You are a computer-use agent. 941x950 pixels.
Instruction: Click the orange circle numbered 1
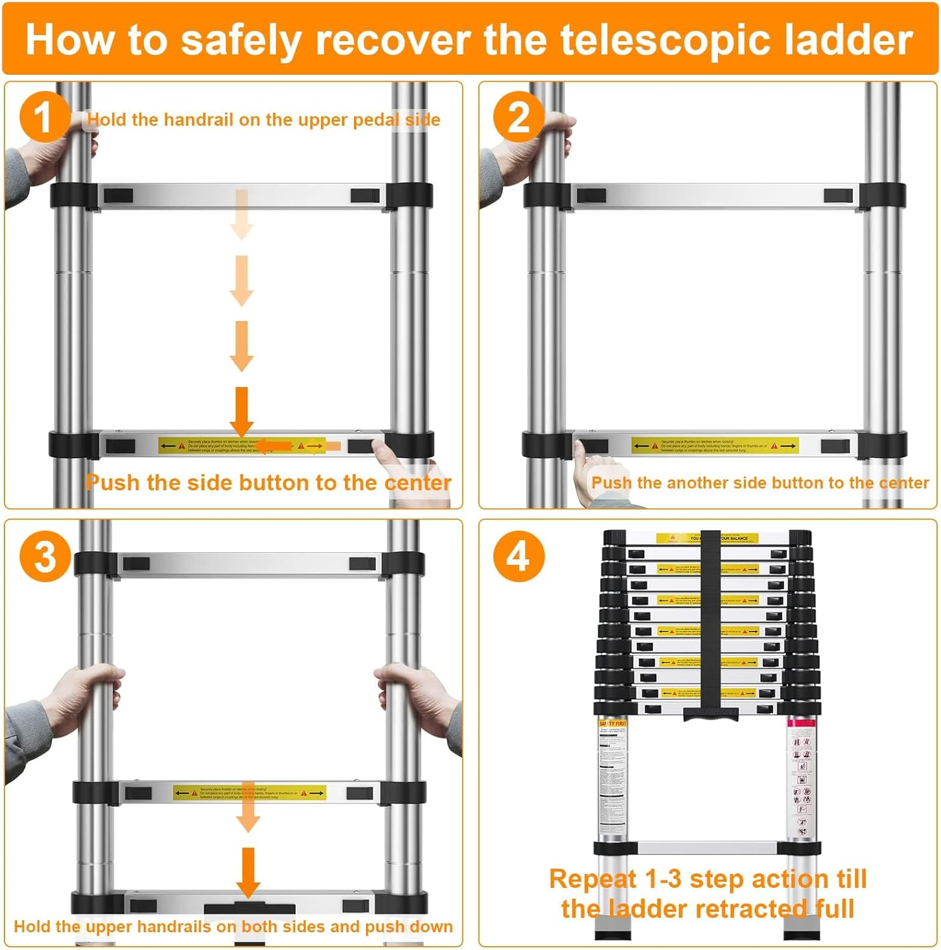click(x=44, y=117)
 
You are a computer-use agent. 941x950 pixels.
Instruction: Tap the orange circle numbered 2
click(x=519, y=117)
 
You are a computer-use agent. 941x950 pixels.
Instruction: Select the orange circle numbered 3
click(x=45, y=557)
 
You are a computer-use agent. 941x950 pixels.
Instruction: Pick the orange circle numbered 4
click(x=519, y=557)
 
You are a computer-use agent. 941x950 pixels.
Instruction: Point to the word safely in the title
click(x=241, y=39)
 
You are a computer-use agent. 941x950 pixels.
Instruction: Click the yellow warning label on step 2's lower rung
click(x=714, y=446)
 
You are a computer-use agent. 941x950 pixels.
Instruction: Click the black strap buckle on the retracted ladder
click(x=710, y=713)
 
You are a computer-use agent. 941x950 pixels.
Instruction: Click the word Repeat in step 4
click(x=592, y=879)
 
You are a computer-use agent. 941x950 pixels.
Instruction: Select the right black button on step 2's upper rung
click(x=837, y=196)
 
